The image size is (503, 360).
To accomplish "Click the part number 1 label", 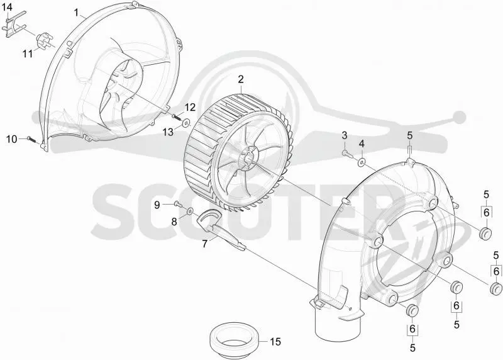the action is coord(76,13).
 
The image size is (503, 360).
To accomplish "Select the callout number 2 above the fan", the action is coord(241,79).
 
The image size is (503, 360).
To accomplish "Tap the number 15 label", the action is coord(275,342).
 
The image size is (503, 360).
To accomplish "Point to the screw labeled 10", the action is coord(31,139).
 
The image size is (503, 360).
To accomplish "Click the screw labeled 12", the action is coord(176,117).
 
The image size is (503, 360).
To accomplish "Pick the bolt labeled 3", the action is coord(347,154).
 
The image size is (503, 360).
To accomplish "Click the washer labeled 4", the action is coord(362,162).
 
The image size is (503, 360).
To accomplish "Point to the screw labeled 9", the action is coord(178,204).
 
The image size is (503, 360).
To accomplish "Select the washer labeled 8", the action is coord(190,211).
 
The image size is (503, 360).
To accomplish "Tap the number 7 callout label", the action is coord(205,244).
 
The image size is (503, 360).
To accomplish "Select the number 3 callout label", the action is coord(344,135).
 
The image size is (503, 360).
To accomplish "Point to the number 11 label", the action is coord(28,53).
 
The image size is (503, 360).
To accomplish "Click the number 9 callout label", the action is coord(157,205).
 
